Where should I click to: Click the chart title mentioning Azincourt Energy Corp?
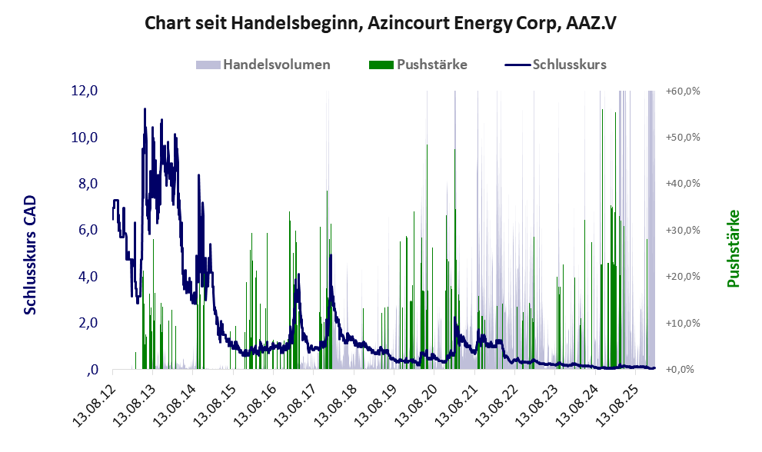[381, 24]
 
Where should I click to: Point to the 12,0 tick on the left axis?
[84, 91]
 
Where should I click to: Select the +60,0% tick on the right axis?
[683, 91]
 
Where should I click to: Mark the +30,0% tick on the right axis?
[683, 230]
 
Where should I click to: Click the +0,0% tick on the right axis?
[680, 370]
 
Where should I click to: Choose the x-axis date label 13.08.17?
[298, 399]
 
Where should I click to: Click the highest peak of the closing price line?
[145, 109]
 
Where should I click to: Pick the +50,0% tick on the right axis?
[683, 137]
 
